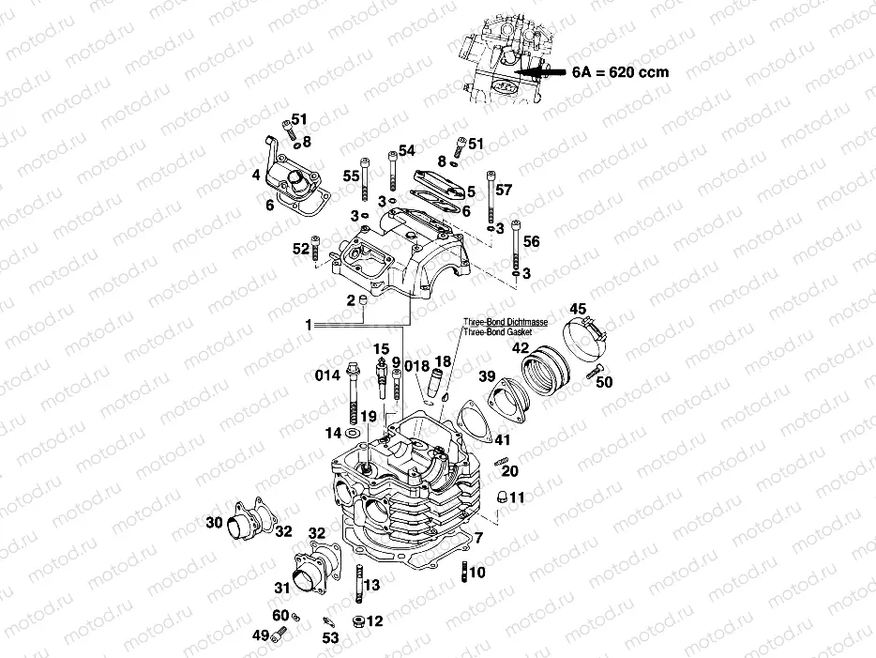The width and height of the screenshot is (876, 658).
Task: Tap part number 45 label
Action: coord(578,310)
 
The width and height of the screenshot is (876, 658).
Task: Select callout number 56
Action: coord(532,242)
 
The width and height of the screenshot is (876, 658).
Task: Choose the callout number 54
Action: coord(406,151)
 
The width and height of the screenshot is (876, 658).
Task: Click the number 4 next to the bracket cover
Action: coord(255,175)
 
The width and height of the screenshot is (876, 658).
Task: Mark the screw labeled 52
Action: coord(317,250)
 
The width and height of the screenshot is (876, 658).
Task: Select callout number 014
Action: coord(325,376)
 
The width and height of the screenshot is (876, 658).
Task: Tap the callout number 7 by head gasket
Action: coord(478,538)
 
